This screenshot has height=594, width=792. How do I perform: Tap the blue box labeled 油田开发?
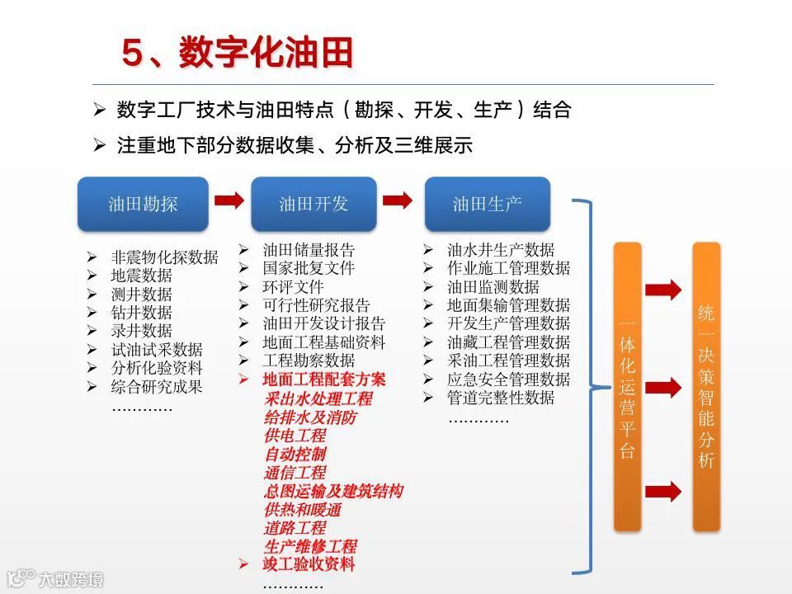313,204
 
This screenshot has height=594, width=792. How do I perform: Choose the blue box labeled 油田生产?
487,204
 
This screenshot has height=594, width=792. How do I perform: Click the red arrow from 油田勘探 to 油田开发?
229,200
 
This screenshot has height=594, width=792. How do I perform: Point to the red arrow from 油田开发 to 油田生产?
398,200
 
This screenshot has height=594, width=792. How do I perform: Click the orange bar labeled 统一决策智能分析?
706,386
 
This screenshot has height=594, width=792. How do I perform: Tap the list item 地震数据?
142,276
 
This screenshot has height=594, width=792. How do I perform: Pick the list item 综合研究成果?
157,386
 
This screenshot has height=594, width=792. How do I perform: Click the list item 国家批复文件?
309,268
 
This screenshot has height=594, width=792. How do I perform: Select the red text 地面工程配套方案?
324,379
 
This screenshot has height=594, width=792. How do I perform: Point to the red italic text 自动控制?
295,454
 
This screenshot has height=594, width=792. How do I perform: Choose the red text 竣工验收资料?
309,564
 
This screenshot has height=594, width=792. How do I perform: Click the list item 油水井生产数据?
501,249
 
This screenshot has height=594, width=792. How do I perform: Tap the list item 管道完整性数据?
501,398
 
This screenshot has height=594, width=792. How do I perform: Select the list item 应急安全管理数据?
508,379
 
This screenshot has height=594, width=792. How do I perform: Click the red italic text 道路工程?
295,527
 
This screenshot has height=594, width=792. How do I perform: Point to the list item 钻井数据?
142,313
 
